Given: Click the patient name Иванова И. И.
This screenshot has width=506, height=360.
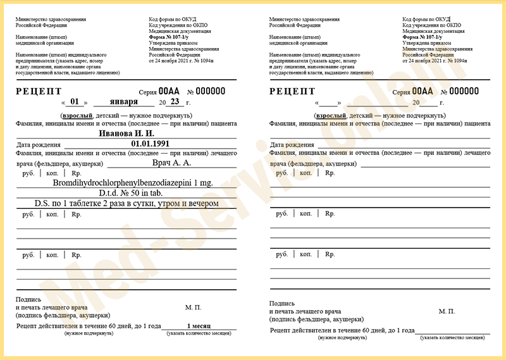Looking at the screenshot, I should (126, 134).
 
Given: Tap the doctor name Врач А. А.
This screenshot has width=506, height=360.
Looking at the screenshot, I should (171, 163).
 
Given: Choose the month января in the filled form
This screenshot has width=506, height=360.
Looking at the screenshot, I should (123, 102).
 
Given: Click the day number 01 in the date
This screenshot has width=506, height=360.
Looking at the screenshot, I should (75, 102).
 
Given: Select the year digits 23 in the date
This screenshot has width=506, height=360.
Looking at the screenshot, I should (175, 102).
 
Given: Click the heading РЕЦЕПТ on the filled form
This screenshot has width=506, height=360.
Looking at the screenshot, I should (39, 91).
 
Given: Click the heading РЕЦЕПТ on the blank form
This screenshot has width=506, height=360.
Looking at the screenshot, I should (292, 91).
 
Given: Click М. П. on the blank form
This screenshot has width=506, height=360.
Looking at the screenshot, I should (447, 311).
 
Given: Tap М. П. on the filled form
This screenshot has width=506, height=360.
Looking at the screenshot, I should (194, 307).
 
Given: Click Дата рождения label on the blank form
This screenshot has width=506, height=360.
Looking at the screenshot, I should (292, 145).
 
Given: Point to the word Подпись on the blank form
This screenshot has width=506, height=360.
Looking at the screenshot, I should (281, 304).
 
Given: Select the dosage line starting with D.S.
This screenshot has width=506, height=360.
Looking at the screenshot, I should (126, 204).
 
